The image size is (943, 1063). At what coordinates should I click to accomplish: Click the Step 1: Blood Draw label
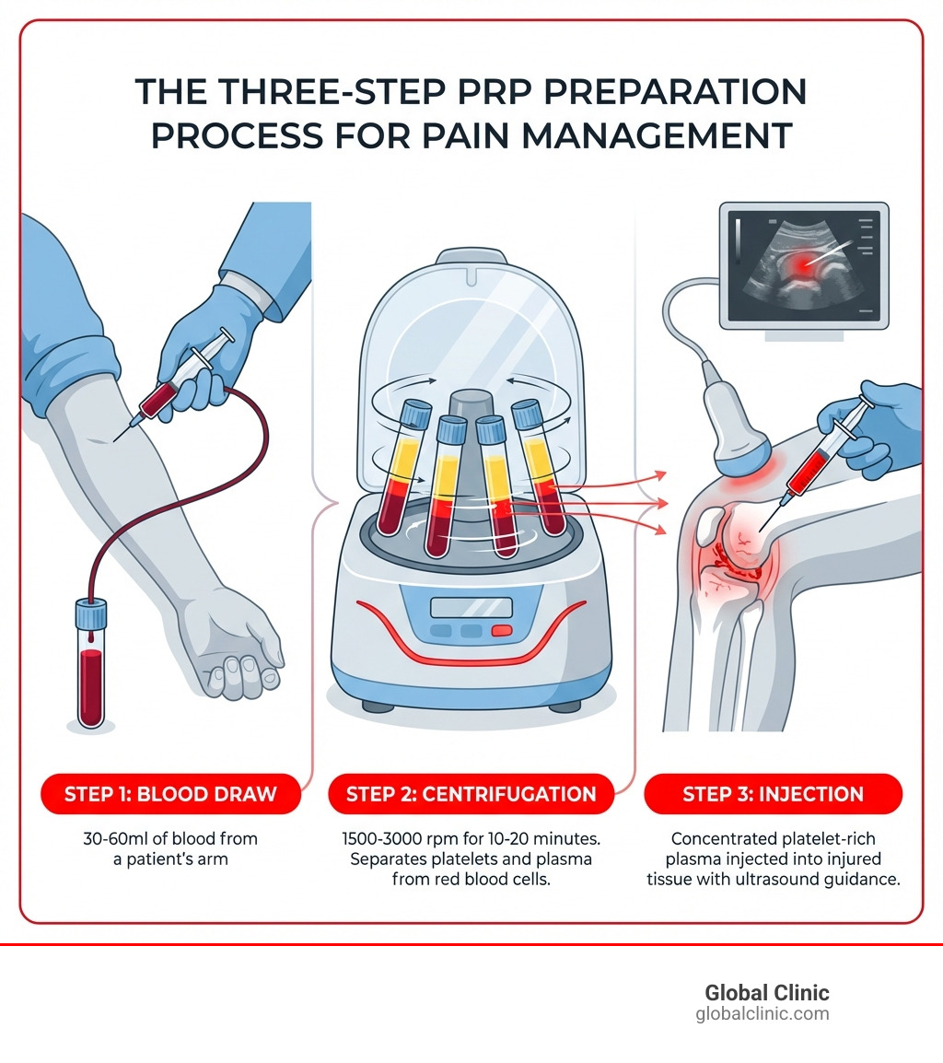pos(170,794)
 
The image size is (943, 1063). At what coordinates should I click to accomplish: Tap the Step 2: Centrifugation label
pos(471,794)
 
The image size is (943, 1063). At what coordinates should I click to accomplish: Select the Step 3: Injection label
pos(773,794)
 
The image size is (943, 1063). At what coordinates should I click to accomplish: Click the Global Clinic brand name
pos(766,993)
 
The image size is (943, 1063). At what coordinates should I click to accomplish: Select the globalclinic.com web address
pos(763,1014)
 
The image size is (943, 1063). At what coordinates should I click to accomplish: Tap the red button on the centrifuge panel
pos(501,631)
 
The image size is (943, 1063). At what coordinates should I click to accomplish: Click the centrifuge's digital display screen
pos(471,607)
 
